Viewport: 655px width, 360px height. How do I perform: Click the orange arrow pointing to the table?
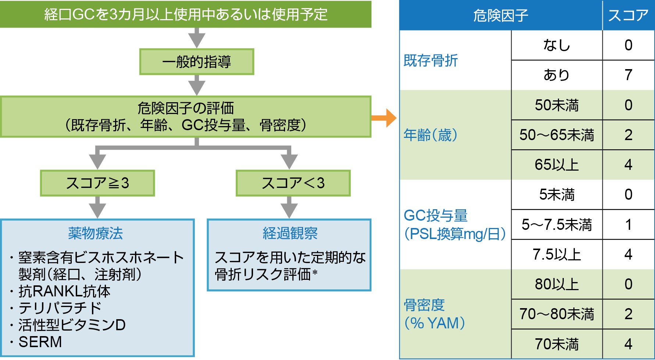click(385, 118)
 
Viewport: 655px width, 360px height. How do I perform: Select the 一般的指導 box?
click(196, 62)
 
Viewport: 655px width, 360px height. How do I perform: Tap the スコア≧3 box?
click(97, 183)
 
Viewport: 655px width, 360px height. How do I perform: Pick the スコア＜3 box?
click(293, 183)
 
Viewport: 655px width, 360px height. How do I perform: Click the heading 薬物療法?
click(96, 233)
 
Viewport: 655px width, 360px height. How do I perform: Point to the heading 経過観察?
click(290, 233)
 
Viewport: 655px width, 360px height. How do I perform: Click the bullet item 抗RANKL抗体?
click(64, 291)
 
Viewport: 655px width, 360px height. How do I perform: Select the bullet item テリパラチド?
click(60, 308)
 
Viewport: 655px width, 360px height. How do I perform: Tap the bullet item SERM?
click(40, 342)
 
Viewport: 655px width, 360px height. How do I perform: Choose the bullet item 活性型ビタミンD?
click(72, 325)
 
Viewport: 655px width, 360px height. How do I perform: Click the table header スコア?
click(628, 15)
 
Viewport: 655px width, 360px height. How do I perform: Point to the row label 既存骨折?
click(431, 60)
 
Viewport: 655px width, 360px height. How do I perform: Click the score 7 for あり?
click(628, 75)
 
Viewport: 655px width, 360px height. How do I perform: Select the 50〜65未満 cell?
click(556, 135)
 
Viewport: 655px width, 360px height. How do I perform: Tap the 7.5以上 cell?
click(556, 254)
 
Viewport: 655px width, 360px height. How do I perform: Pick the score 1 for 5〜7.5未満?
click(628, 225)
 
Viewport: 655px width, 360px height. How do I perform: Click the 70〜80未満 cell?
click(556, 314)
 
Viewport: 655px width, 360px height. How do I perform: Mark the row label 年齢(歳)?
click(431, 135)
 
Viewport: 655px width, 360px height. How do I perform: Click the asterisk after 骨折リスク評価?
click(315, 273)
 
